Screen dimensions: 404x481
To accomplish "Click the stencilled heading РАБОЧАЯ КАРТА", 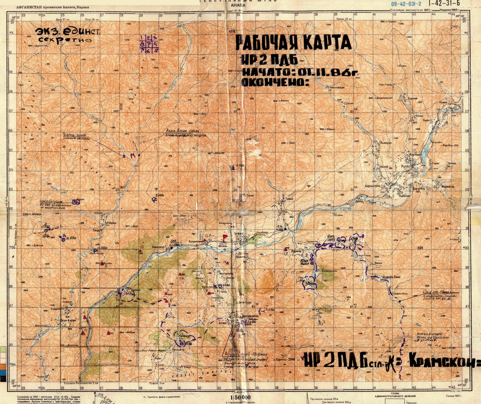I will coord(293,43).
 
